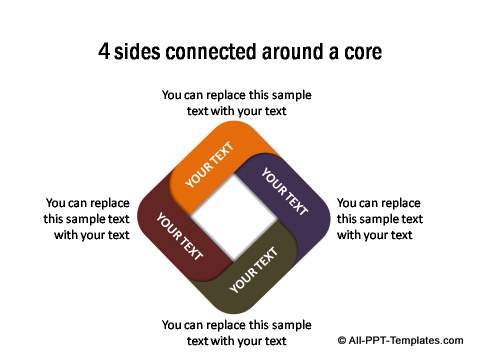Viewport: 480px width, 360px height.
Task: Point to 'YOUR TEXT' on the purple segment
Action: [x=284, y=191]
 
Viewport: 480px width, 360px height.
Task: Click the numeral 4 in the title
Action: [x=104, y=49]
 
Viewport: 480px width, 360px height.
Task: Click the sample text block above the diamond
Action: [x=237, y=103]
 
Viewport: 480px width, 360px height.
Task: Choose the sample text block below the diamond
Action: [x=237, y=332]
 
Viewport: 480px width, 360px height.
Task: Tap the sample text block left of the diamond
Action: [x=87, y=218]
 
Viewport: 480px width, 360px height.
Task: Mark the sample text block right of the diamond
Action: [x=379, y=218]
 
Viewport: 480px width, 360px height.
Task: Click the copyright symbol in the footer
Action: [x=342, y=340]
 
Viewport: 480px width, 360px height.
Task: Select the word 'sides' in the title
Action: [x=143, y=49]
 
